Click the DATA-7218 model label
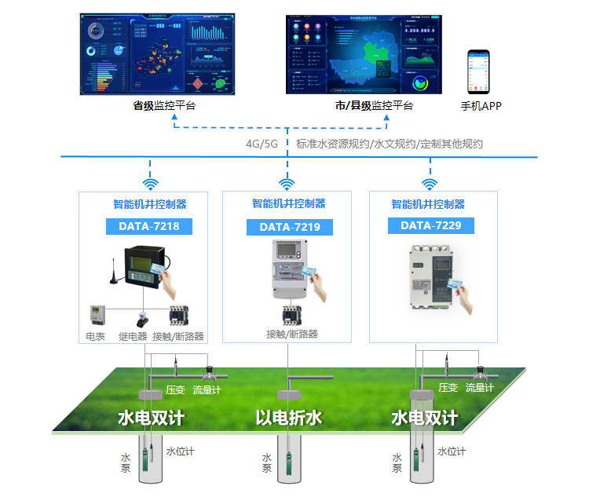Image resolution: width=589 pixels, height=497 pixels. [x=148, y=227]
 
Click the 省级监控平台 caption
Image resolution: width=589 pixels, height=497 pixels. [x=163, y=105]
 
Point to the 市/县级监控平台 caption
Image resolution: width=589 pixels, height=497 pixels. [x=374, y=105]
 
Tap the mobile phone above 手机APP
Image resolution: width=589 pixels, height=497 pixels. [x=478, y=71]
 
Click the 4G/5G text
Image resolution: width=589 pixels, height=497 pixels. [x=262, y=144]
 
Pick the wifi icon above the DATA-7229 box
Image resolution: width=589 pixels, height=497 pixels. [x=430, y=183]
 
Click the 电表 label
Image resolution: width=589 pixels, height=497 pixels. [x=95, y=336]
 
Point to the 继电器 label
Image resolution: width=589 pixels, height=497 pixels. [x=133, y=336]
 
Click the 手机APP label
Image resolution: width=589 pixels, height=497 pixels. [x=481, y=106]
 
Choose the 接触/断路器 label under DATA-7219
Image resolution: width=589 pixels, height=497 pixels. [x=292, y=334]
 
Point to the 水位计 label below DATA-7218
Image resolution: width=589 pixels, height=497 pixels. [x=179, y=451]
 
